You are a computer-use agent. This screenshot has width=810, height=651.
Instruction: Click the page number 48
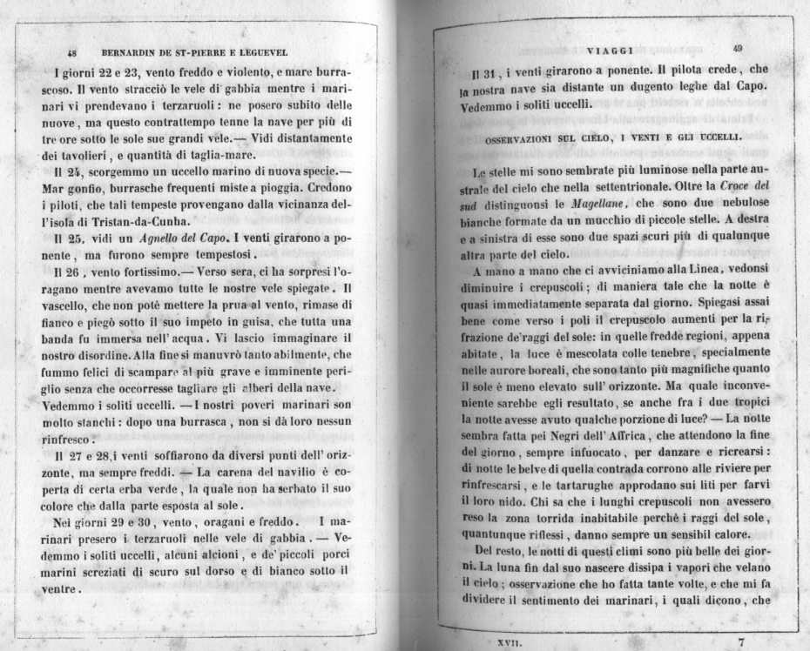click(x=72, y=52)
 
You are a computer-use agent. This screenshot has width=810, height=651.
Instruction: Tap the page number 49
click(x=738, y=49)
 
